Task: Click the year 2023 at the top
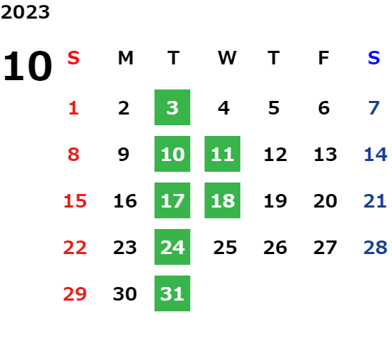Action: (x=25, y=12)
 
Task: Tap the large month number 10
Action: (x=27, y=66)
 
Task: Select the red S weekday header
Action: (x=74, y=58)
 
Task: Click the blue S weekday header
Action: (x=373, y=58)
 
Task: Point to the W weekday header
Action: (x=227, y=58)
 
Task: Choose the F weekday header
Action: (x=323, y=58)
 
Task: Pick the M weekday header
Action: (x=125, y=58)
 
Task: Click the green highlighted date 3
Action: (x=172, y=107)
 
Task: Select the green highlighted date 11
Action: (x=222, y=154)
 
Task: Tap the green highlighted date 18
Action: (x=222, y=200)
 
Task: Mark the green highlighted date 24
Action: (x=172, y=247)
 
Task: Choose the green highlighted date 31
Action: (x=172, y=293)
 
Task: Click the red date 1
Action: (x=74, y=108)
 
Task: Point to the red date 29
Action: (x=74, y=294)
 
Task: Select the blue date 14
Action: (x=376, y=155)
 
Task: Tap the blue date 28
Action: (x=376, y=248)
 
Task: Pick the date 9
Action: (x=124, y=155)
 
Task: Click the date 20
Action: (x=325, y=201)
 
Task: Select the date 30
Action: (x=124, y=294)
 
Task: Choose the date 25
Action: (x=225, y=248)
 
